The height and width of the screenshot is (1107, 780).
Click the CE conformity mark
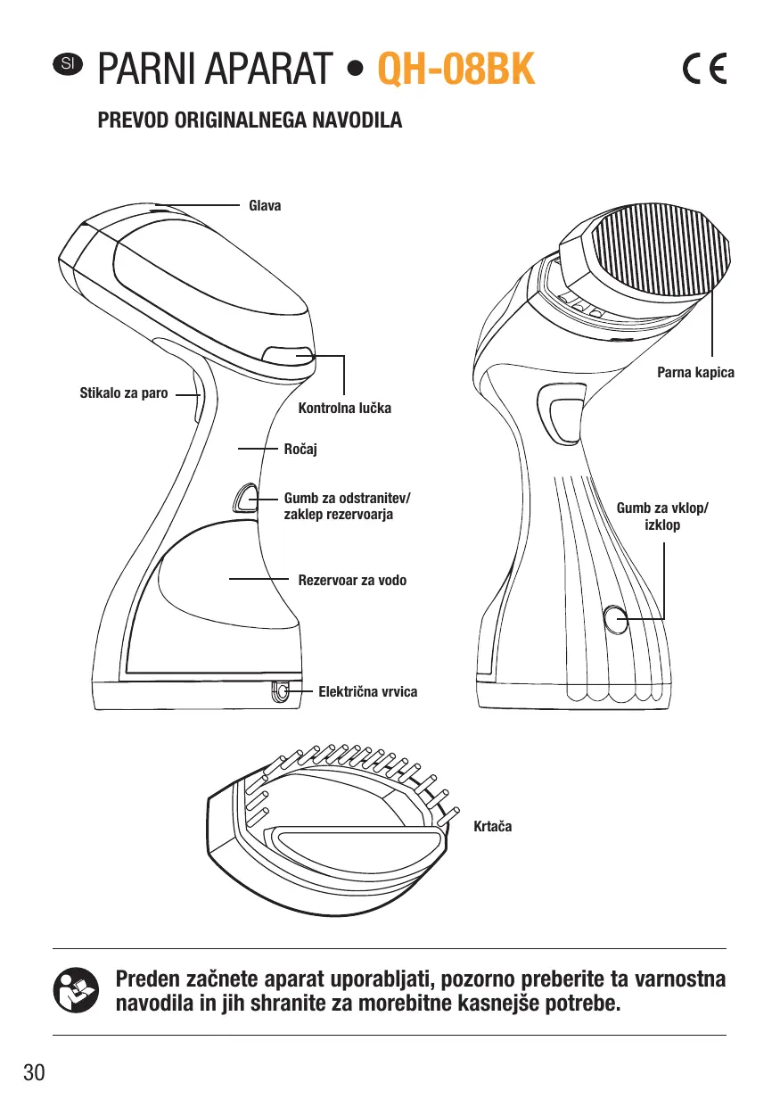[704, 69]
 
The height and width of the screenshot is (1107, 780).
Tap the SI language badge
[67, 63]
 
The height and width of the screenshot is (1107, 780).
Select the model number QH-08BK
[456, 69]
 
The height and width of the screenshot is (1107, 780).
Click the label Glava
[264, 206]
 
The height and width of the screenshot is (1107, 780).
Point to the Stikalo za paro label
[124, 392]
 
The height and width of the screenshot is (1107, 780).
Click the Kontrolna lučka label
[344, 409]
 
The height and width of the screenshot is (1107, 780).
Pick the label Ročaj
[300, 450]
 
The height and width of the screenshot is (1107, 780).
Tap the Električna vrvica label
[367, 691]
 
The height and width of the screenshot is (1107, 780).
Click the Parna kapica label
[695, 372]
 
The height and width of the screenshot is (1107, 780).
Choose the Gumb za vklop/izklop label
[662, 516]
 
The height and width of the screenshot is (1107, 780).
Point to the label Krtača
[493, 827]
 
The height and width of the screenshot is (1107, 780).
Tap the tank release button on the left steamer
[245, 497]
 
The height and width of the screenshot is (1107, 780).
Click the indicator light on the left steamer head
[290, 354]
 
